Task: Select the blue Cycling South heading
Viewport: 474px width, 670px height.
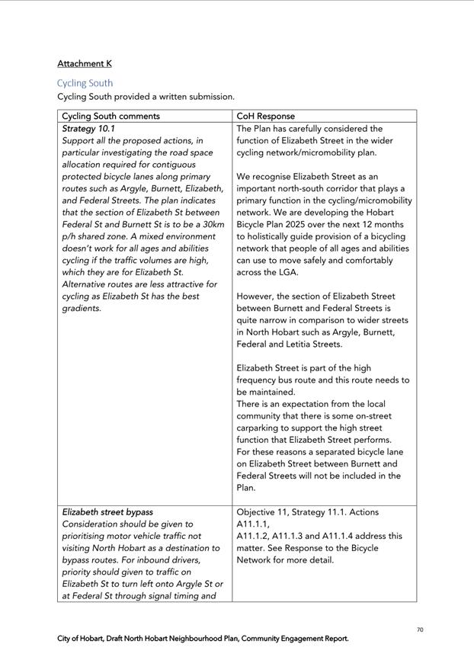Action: pyautogui.click(x=85, y=83)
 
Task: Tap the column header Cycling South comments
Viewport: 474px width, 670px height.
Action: pyautogui.click(x=110, y=116)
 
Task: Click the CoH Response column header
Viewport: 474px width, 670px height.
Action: pyautogui.click(x=265, y=116)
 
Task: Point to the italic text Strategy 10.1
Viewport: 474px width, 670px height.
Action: pyautogui.click(x=88, y=129)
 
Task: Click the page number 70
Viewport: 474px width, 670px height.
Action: pyautogui.click(x=420, y=630)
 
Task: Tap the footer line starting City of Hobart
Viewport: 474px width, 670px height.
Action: pyautogui.click(x=203, y=639)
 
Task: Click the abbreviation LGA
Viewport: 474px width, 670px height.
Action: pyautogui.click(x=289, y=272)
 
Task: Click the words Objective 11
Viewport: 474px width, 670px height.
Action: pyautogui.click(x=266, y=512)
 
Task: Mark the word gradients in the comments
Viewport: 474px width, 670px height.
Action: pyautogui.click(x=82, y=308)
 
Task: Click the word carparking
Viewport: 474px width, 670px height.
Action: pyautogui.click(x=261, y=428)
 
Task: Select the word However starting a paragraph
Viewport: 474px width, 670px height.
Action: pyautogui.click(x=257, y=296)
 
